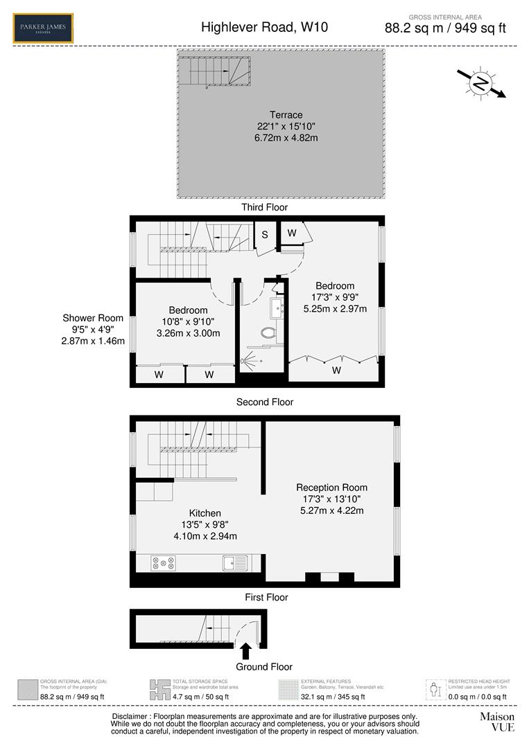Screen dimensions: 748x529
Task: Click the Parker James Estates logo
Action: tap(43, 28)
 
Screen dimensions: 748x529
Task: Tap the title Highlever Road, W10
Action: tap(264, 28)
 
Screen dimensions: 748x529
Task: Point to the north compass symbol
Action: tap(480, 83)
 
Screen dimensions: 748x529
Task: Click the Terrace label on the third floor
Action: tap(286, 115)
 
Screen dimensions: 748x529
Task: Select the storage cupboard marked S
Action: tap(264, 235)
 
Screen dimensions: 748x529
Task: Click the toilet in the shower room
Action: tap(269, 334)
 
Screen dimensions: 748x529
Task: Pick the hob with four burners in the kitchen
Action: tap(163, 563)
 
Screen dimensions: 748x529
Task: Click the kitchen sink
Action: tap(236, 562)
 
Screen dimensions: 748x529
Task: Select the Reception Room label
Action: tap(331, 488)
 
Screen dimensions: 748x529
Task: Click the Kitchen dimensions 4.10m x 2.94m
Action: tap(205, 536)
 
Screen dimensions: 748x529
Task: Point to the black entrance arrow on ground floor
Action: tap(245, 651)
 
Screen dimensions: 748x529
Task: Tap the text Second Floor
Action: tap(264, 402)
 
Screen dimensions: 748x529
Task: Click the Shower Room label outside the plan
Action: tap(93, 319)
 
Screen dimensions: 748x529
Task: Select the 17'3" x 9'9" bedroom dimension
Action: tap(335, 297)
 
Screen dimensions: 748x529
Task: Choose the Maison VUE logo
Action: tap(497, 722)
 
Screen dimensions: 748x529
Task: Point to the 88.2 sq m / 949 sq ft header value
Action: tap(445, 28)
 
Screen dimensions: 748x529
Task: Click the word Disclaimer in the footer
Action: tap(134, 716)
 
